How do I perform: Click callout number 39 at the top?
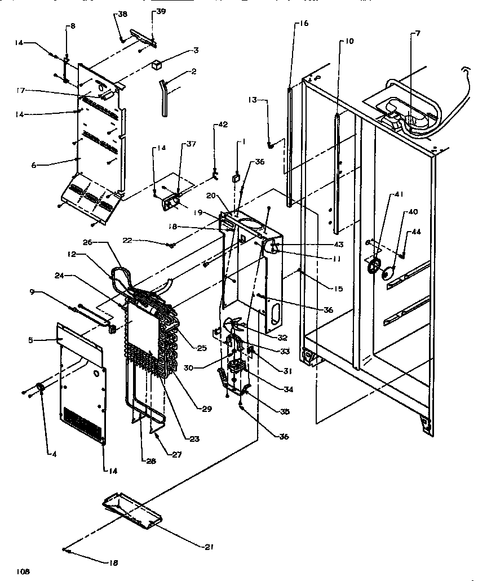pos(145,12)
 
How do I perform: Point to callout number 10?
pos(349,41)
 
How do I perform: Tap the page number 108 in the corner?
pos(23,571)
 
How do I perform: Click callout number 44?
pos(416,232)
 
